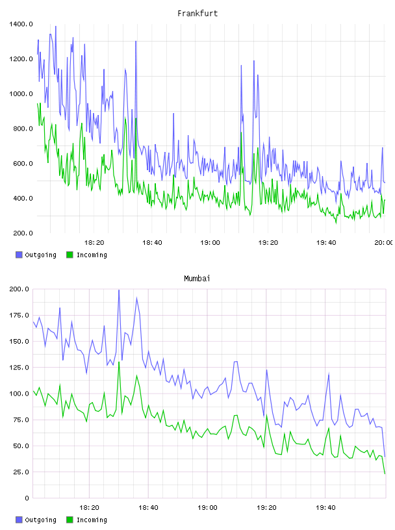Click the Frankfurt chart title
point(197,14)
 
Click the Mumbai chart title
point(197,279)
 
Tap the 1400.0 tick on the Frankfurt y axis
point(21,24)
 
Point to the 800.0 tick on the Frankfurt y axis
point(21,129)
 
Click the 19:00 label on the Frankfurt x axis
point(210,243)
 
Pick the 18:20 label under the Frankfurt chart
point(94,243)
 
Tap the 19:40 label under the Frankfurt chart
point(326,243)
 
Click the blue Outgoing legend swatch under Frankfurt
point(19,255)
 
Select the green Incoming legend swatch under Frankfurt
point(70,255)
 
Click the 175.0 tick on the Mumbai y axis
point(19,316)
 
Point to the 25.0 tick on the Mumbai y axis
point(21,472)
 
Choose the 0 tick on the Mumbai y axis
point(27,498)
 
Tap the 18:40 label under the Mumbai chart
point(148,508)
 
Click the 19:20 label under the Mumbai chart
point(266,508)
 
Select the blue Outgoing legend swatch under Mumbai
point(19,520)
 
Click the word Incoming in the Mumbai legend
point(92,520)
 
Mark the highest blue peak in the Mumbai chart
point(119,290)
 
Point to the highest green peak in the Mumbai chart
point(119,362)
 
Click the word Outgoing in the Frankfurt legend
point(40,255)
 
